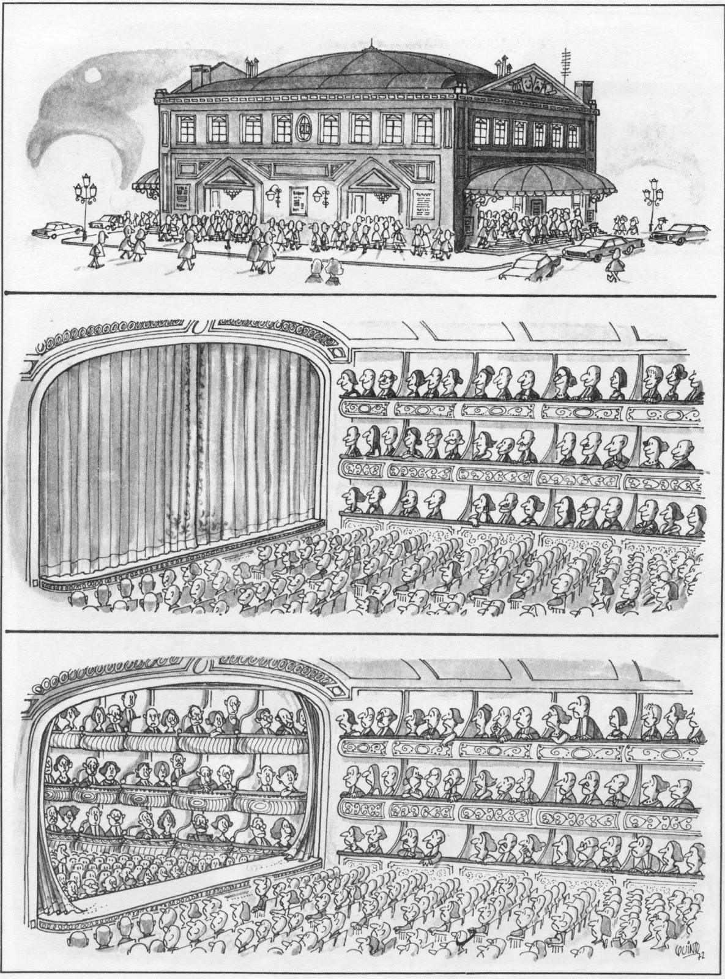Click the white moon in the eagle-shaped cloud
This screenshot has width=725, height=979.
coord(92,75)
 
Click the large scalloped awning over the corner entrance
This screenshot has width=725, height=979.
coord(538,179)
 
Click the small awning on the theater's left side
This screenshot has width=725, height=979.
coord(147,182)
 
